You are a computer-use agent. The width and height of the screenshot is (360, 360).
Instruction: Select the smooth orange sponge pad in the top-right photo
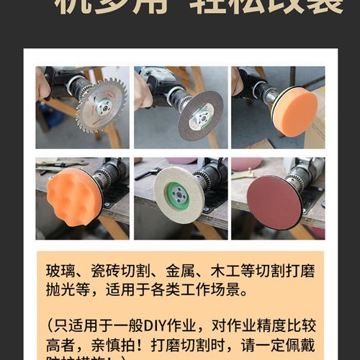click(x=295, y=112)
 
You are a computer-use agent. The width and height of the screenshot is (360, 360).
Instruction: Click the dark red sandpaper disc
click(x=274, y=202)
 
